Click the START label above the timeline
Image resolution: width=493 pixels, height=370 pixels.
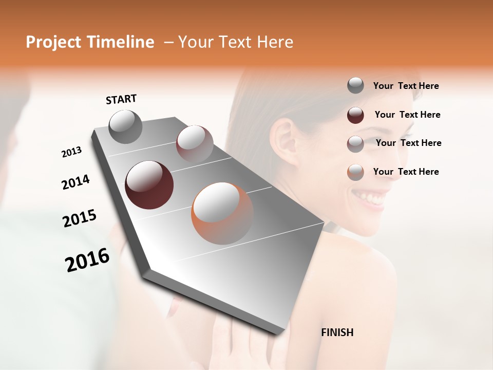point(121,99)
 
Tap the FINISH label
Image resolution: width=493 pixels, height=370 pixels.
point(337,332)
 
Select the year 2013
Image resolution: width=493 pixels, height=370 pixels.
point(71,152)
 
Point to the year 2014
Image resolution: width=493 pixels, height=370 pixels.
point(75,182)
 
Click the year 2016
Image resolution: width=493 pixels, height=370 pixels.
point(87,260)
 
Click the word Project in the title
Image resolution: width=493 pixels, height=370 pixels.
point(53,42)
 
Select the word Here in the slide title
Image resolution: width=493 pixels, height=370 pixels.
point(273,42)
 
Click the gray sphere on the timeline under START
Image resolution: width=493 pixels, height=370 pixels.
point(125,126)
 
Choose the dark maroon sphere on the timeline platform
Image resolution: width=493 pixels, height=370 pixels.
point(149,185)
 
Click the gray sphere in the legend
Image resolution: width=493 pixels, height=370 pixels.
point(355,86)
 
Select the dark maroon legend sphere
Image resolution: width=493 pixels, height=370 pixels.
point(355,115)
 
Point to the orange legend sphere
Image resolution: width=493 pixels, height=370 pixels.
point(355,172)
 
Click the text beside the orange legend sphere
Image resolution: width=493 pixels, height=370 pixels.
point(406,172)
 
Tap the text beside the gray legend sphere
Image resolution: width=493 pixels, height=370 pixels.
point(406,86)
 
